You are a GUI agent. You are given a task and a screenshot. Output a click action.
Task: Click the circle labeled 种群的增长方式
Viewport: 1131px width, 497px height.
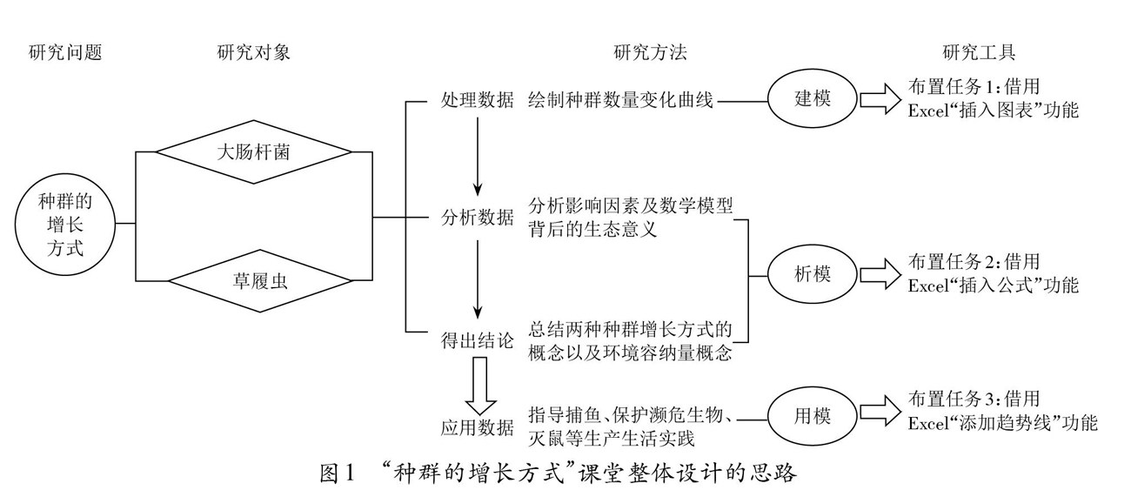pos(65,224)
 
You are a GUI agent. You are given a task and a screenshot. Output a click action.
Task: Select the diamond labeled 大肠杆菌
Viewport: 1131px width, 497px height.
pos(253,154)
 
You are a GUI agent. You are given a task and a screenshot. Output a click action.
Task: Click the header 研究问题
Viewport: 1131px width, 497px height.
pos(65,53)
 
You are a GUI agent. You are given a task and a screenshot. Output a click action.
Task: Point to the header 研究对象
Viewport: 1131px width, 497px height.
pos(253,53)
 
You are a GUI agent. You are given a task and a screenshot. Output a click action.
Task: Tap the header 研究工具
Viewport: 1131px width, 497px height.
pos(979,53)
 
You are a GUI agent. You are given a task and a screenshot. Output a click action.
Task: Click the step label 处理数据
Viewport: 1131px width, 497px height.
pos(478,99)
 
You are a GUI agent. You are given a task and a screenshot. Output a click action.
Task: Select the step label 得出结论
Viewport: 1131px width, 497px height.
pos(478,340)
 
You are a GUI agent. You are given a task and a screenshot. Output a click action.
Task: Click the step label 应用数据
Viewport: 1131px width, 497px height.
pos(478,427)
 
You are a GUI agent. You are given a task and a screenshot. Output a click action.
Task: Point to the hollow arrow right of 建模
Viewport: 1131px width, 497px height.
pos(880,99)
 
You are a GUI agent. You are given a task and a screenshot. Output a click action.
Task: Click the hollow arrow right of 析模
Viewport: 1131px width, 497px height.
pos(880,274)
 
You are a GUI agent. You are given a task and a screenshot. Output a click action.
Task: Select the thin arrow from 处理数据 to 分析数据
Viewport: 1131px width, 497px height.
pos(478,157)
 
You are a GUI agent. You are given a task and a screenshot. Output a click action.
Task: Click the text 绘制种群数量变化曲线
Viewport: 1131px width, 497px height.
pos(620,99)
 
